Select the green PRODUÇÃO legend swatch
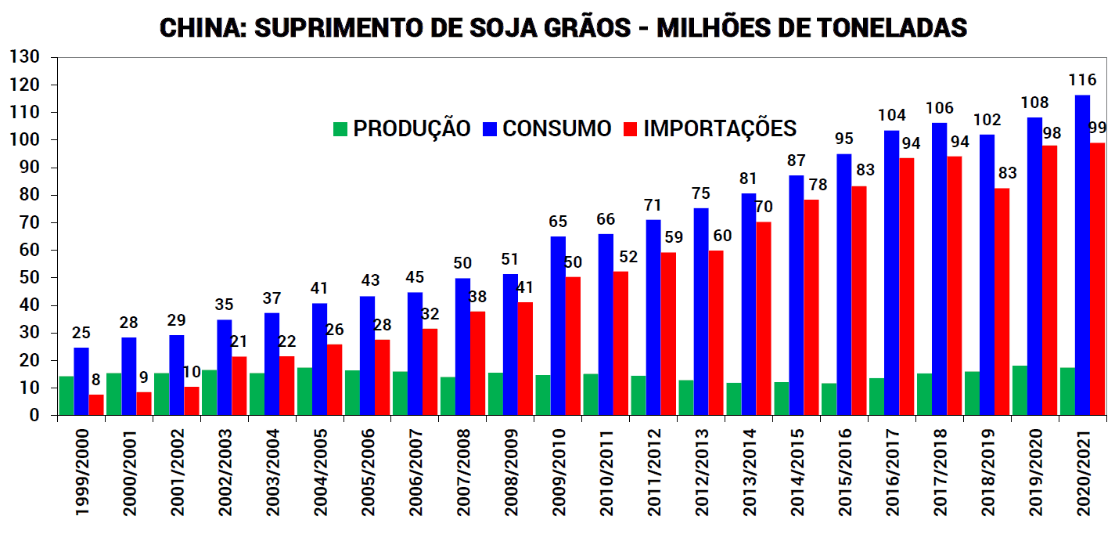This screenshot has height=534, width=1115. (340, 128)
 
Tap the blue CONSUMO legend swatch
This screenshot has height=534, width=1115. (490, 128)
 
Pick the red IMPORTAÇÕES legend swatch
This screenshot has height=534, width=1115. (631, 128)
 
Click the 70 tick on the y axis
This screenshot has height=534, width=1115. (29, 222)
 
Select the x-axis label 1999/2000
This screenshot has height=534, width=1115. (81, 472)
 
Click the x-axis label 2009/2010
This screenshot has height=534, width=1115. (558, 472)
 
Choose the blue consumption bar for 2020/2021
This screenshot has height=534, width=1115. (1082, 254)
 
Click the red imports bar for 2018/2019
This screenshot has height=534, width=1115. (1002, 301)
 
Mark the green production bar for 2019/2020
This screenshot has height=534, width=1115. (1020, 390)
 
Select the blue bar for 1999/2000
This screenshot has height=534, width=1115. (81, 381)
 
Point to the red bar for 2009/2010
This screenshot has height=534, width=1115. (574, 345)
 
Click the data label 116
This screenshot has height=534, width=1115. (1082, 80)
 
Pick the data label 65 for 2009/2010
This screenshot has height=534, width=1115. (558, 222)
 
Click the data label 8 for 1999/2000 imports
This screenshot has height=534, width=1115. (96, 380)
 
